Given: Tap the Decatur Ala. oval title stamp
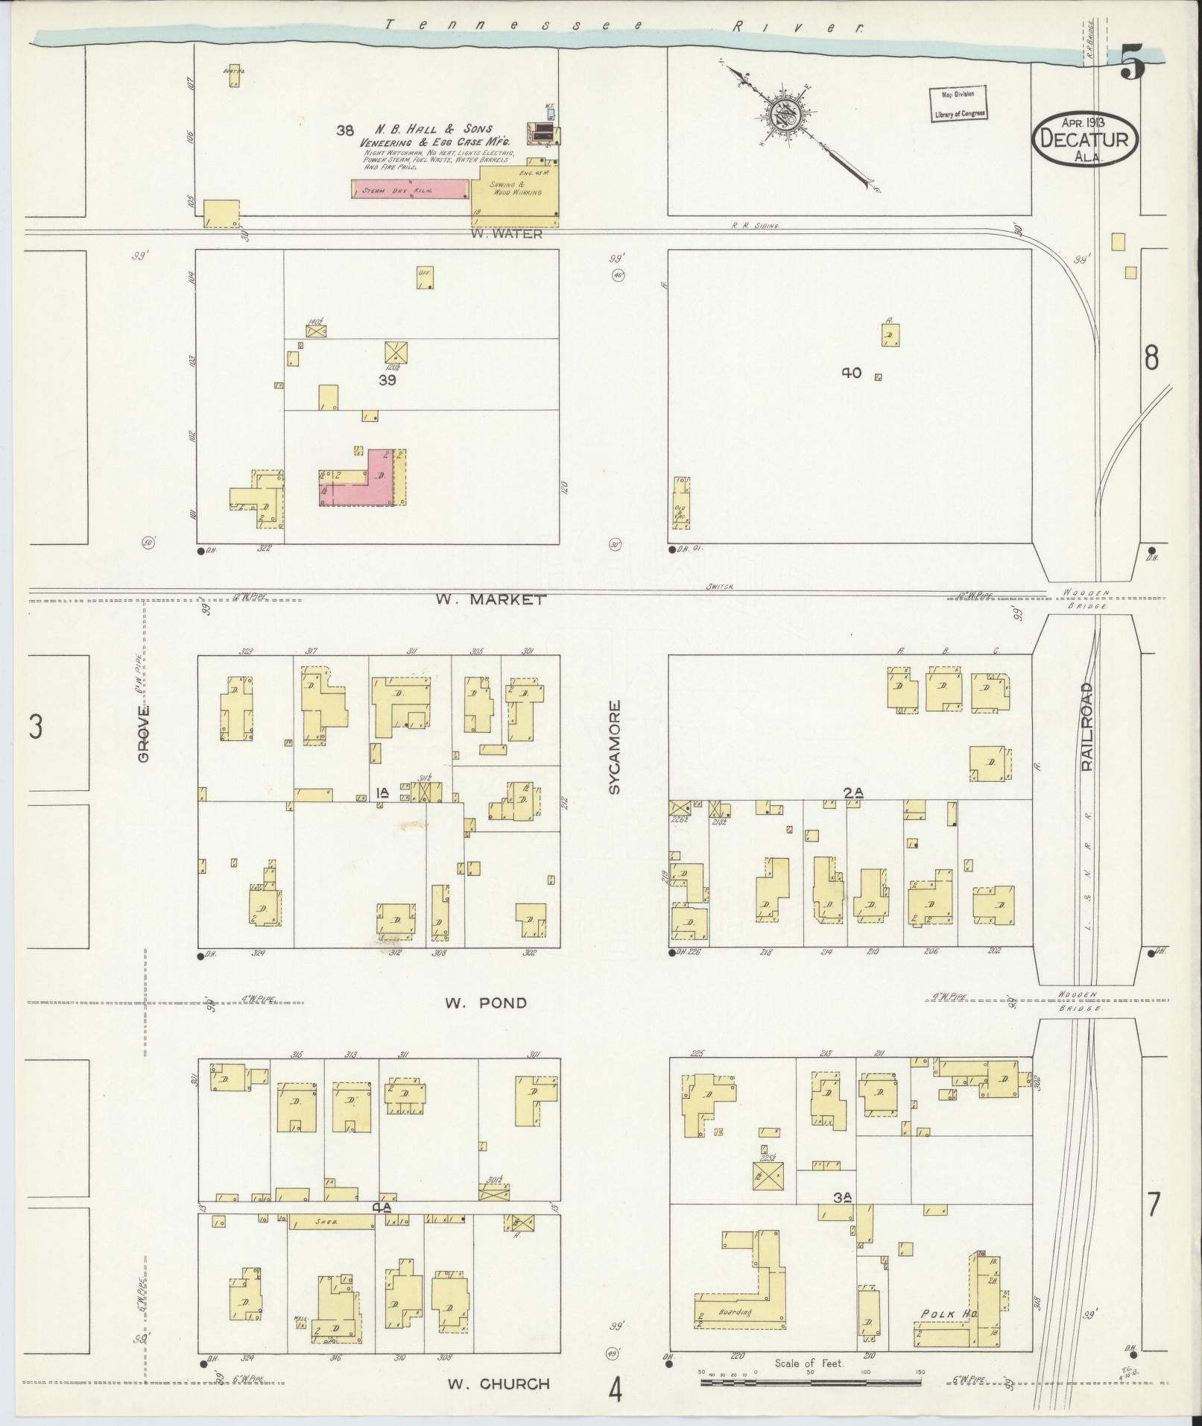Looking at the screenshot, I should [x=1085, y=139].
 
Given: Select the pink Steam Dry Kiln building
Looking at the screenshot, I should [x=410, y=189].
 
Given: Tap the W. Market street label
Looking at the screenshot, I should [x=491, y=599].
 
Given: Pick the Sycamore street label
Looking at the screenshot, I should [x=615, y=746].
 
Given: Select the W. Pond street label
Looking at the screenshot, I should [x=485, y=1003].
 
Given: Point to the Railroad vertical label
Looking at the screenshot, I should [x=1086, y=726].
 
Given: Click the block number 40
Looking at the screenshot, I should [x=851, y=373].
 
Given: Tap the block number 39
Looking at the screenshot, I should [x=387, y=379].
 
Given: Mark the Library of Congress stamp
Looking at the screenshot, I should [x=958, y=104].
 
